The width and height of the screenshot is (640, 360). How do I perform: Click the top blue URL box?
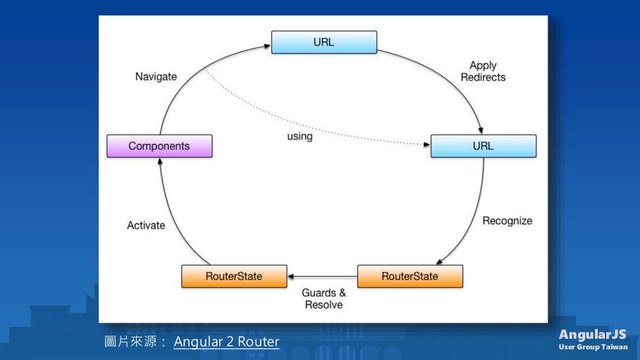click(324, 42)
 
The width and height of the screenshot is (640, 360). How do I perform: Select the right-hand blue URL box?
click(483, 146)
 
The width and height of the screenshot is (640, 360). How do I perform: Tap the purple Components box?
click(159, 146)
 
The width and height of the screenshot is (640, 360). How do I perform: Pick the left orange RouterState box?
click(234, 276)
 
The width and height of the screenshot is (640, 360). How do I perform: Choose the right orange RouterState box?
click(410, 276)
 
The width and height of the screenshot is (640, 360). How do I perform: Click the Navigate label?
click(156, 77)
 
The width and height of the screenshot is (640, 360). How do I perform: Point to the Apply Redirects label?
click(483, 71)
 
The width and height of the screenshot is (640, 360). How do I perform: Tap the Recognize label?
click(507, 221)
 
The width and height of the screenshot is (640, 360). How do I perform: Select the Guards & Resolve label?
click(324, 299)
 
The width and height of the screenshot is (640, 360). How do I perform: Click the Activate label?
click(146, 226)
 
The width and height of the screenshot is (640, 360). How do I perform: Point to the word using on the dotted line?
click(299, 136)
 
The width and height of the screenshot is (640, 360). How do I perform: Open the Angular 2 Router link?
click(226, 342)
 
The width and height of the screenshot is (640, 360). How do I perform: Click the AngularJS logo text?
click(592, 334)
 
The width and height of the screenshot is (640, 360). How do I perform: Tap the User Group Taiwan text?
click(593, 347)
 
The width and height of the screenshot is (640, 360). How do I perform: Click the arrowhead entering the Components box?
click(160, 161)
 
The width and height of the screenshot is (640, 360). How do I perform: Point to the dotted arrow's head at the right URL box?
click(427, 144)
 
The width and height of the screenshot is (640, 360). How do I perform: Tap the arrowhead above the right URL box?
click(480, 130)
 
